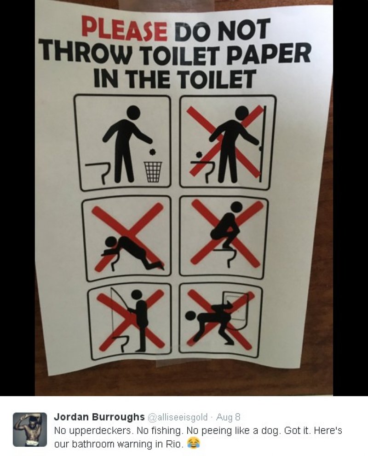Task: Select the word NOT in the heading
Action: coord(244,29)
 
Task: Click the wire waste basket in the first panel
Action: coord(153,172)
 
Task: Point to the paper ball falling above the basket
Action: coord(152,152)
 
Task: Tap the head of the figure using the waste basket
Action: coord(133,112)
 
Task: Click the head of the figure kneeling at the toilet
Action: coord(111,243)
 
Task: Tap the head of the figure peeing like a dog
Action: coord(191,317)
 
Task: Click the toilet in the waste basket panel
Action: coord(98,172)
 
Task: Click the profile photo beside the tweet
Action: coord(30,429)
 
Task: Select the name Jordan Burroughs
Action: coord(99,417)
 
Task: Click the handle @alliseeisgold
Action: coord(178,417)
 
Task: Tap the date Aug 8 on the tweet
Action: coord(228,417)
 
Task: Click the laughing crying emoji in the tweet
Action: coord(194,444)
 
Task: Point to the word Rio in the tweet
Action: coord(174,444)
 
